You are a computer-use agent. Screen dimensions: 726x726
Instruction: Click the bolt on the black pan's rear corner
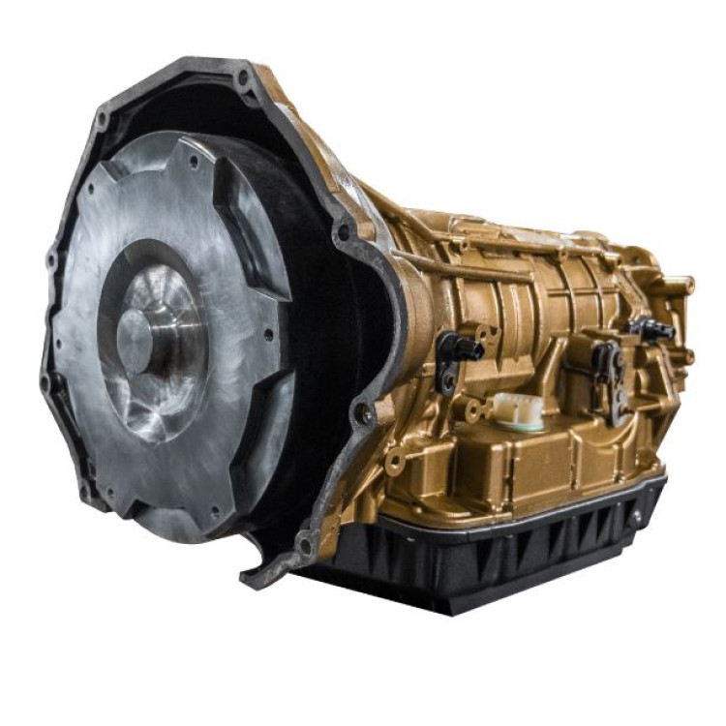[637, 518]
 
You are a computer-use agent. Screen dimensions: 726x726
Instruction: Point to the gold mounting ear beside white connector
[473, 411]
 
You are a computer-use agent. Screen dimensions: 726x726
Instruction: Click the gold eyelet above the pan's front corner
[393, 464]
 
